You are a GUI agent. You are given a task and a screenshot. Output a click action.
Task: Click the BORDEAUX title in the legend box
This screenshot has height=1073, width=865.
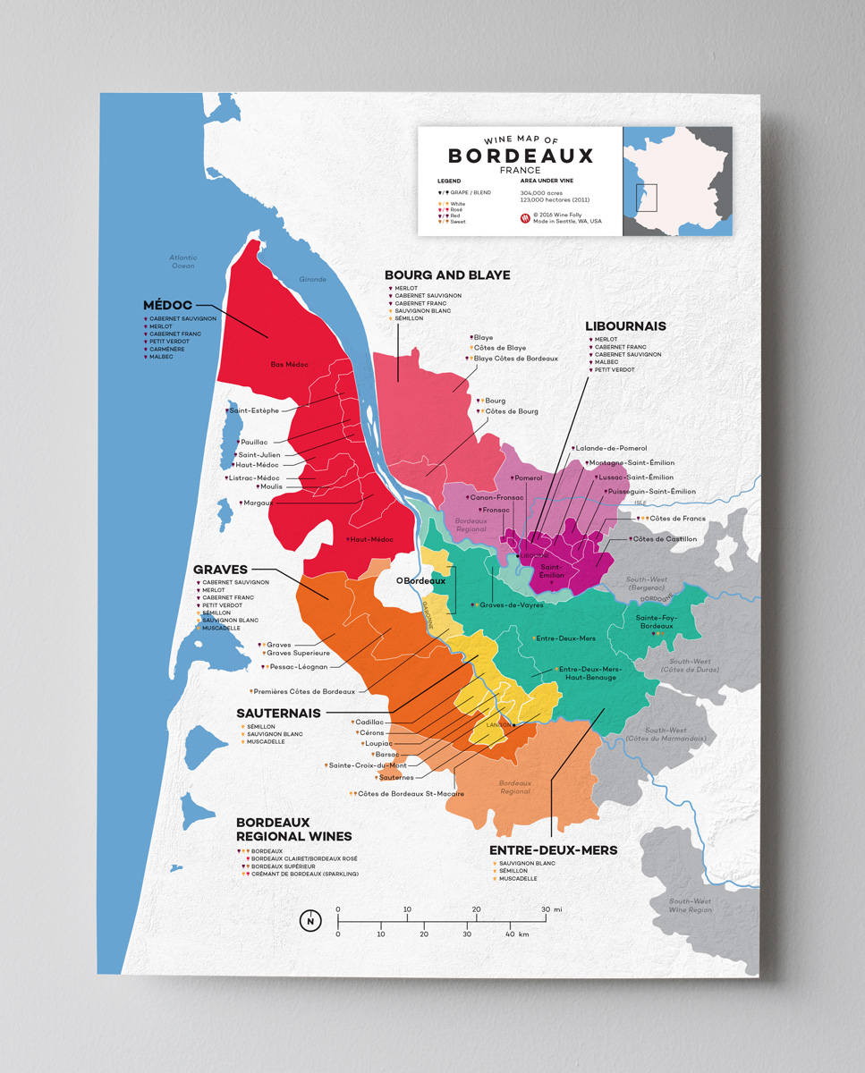coord(520,156)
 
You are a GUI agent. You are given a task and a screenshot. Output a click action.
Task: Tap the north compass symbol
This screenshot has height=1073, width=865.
coord(310,921)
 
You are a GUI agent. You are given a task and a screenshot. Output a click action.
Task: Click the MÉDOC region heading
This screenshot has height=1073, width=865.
coord(167,305)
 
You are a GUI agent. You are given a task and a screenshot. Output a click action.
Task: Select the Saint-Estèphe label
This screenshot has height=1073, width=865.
coord(254,410)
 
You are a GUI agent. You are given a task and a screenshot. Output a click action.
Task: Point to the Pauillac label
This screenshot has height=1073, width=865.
coord(253,443)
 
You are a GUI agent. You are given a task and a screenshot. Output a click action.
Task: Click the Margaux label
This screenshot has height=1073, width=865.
coord(257,503)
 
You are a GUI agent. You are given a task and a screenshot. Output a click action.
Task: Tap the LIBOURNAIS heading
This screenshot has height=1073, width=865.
coord(625,326)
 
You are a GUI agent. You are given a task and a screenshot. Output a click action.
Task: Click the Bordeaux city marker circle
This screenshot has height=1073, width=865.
coord(401,580)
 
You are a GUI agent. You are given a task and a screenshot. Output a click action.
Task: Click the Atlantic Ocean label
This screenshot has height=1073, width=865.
coord(182,261)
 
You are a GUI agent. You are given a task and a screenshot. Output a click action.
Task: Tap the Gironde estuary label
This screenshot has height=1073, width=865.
coord(313,279)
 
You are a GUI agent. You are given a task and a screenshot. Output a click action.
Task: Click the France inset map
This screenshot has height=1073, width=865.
coord(677,182)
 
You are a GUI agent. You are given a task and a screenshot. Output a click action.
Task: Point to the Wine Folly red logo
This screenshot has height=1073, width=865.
coord(525,217)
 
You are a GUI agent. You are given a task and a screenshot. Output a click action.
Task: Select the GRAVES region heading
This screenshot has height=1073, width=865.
coord(219,569)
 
